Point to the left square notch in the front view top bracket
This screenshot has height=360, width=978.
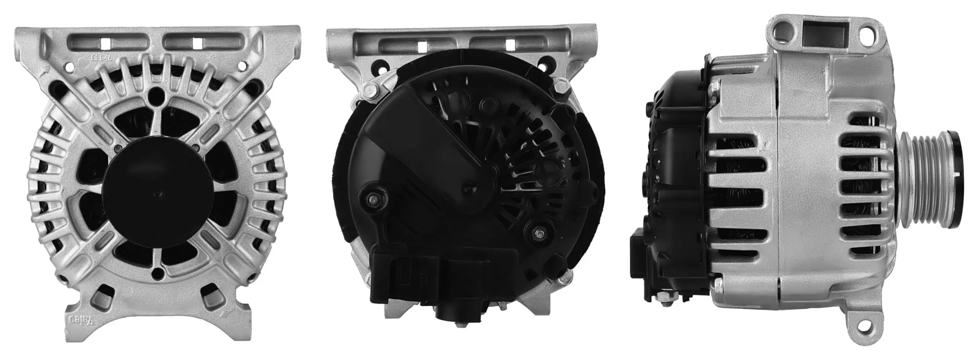click(x=105, y=43)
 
